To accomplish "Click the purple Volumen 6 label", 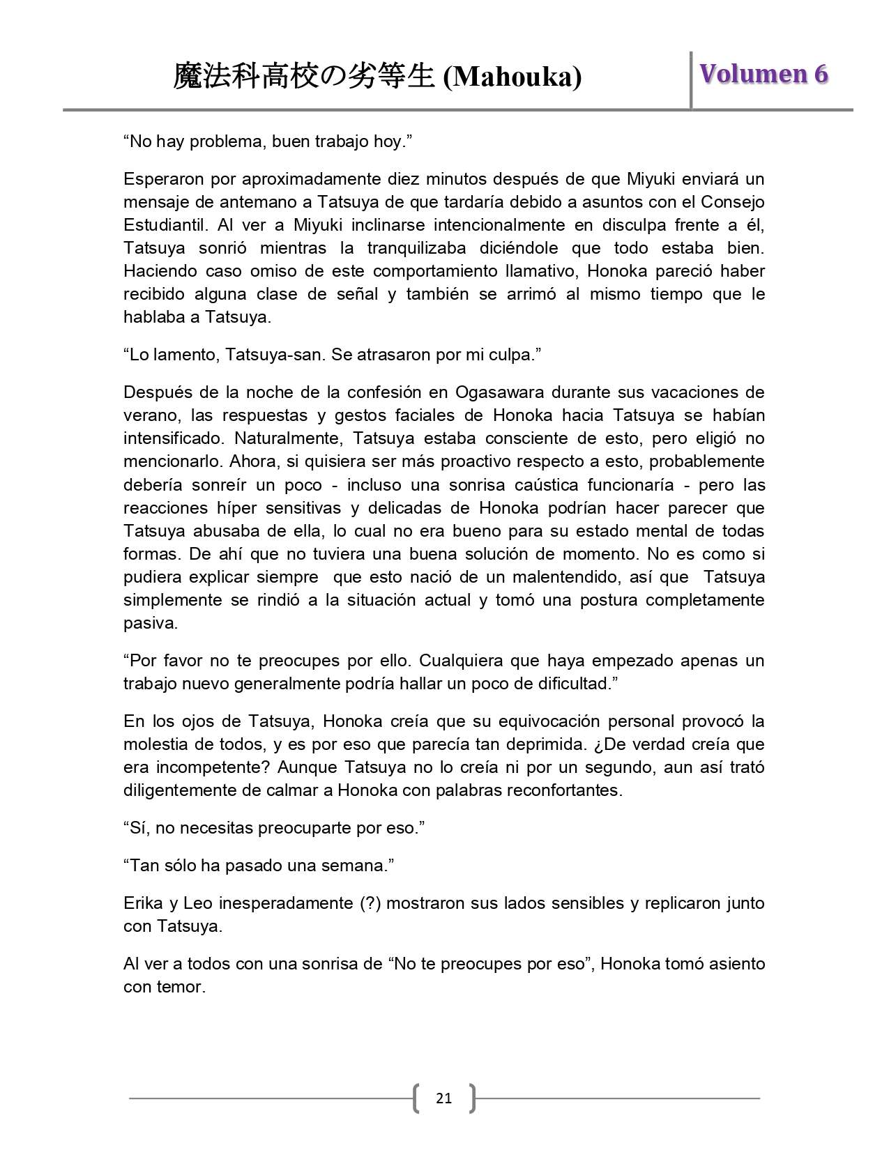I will pyautogui.click(x=763, y=74).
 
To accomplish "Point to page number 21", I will pyautogui.click(x=443, y=1098).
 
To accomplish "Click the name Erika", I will pyautogui.click(x=143, y=903).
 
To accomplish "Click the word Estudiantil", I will pyautogui.click(x=166, y=224).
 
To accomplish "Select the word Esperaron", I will pyautogui.click(x=162, y=178).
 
